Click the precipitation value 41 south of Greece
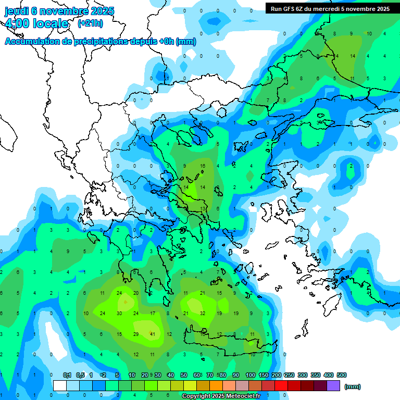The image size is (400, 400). pos(153,334)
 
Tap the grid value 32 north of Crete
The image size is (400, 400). pos(202,314)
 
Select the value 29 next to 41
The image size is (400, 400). pos(136,334)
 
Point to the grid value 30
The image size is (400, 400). pos(119,314)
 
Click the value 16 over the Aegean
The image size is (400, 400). pos(203,166)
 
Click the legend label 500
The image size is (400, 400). pos(342,375)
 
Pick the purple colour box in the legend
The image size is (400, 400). pos(334,386)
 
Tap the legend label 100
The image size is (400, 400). pos(250,375)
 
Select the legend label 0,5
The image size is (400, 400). pos(80,375)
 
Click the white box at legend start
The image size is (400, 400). pos(60,386)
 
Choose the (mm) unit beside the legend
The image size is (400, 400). pos(353,386)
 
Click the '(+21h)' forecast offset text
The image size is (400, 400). pos(90,23)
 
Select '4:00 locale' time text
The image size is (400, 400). pos(36,23)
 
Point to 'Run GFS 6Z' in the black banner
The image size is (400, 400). pos(290,9)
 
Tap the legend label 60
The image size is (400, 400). pos(197,375)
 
